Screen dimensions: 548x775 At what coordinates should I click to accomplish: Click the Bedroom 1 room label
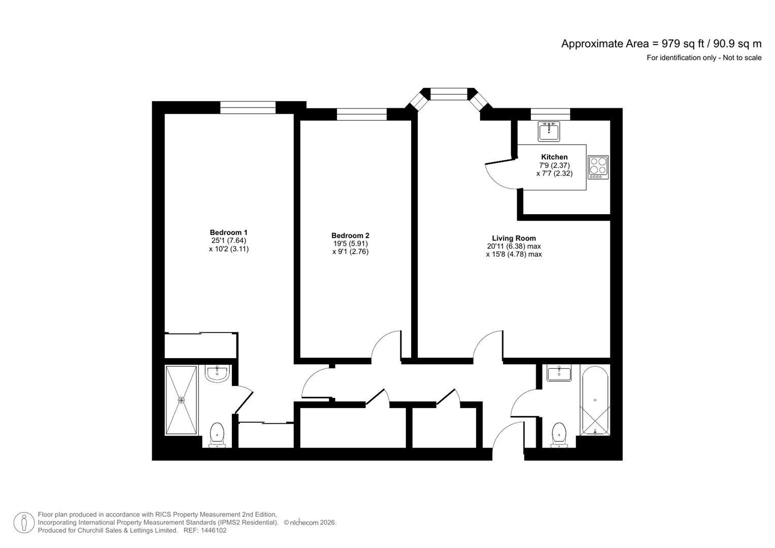click(x=229, y=232)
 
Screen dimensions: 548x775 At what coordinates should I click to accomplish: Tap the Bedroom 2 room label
click(x=350, y=235)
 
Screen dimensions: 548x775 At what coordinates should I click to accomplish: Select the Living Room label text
click(x=514, y=238)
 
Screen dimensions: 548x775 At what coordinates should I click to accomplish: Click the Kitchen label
click(x=554, y=157)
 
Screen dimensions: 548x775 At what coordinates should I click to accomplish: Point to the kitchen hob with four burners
click(x=598, y=167)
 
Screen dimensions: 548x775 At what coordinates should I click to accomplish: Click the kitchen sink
click(x=549, y=131)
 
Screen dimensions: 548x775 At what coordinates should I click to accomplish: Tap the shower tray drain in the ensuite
click(x=181, y=400)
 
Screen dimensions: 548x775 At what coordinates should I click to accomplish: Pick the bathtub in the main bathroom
click(x=595, y=401)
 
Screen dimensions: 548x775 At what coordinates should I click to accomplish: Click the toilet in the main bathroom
click(x=559, y=435)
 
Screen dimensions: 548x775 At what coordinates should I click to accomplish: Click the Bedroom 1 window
click(x=248, y=108)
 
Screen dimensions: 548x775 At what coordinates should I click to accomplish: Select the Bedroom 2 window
click(x=361, y=114)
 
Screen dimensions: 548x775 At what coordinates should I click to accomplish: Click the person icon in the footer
click(x=24, y=523)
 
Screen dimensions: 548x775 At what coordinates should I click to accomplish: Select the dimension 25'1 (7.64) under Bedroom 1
click(x=229, y=241)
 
